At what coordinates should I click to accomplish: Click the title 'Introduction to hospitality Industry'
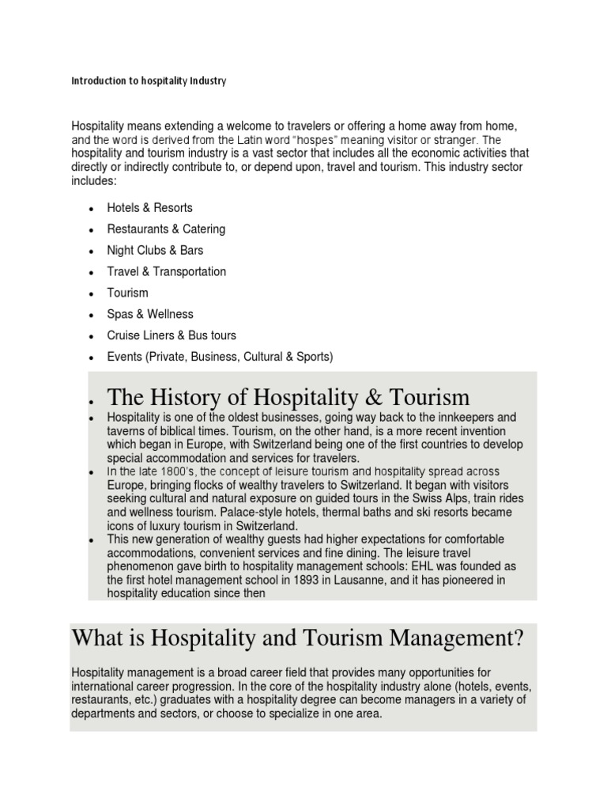(149, 81)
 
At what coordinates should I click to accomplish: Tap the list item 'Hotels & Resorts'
(149, 207)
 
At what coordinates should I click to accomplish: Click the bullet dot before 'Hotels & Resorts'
(92, 209)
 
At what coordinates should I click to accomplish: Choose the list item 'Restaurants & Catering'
(166, 229)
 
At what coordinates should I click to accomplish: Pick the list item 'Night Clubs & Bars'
(155, 250)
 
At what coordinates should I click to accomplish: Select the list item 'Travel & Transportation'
(166, 271)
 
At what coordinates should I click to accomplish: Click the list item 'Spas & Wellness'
(150, 314)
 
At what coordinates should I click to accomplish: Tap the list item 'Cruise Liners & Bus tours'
(172, 335)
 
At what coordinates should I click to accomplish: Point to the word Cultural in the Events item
(264, 357)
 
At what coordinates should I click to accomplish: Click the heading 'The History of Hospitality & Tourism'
(288, 397)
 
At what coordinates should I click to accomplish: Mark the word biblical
(177, 430)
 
